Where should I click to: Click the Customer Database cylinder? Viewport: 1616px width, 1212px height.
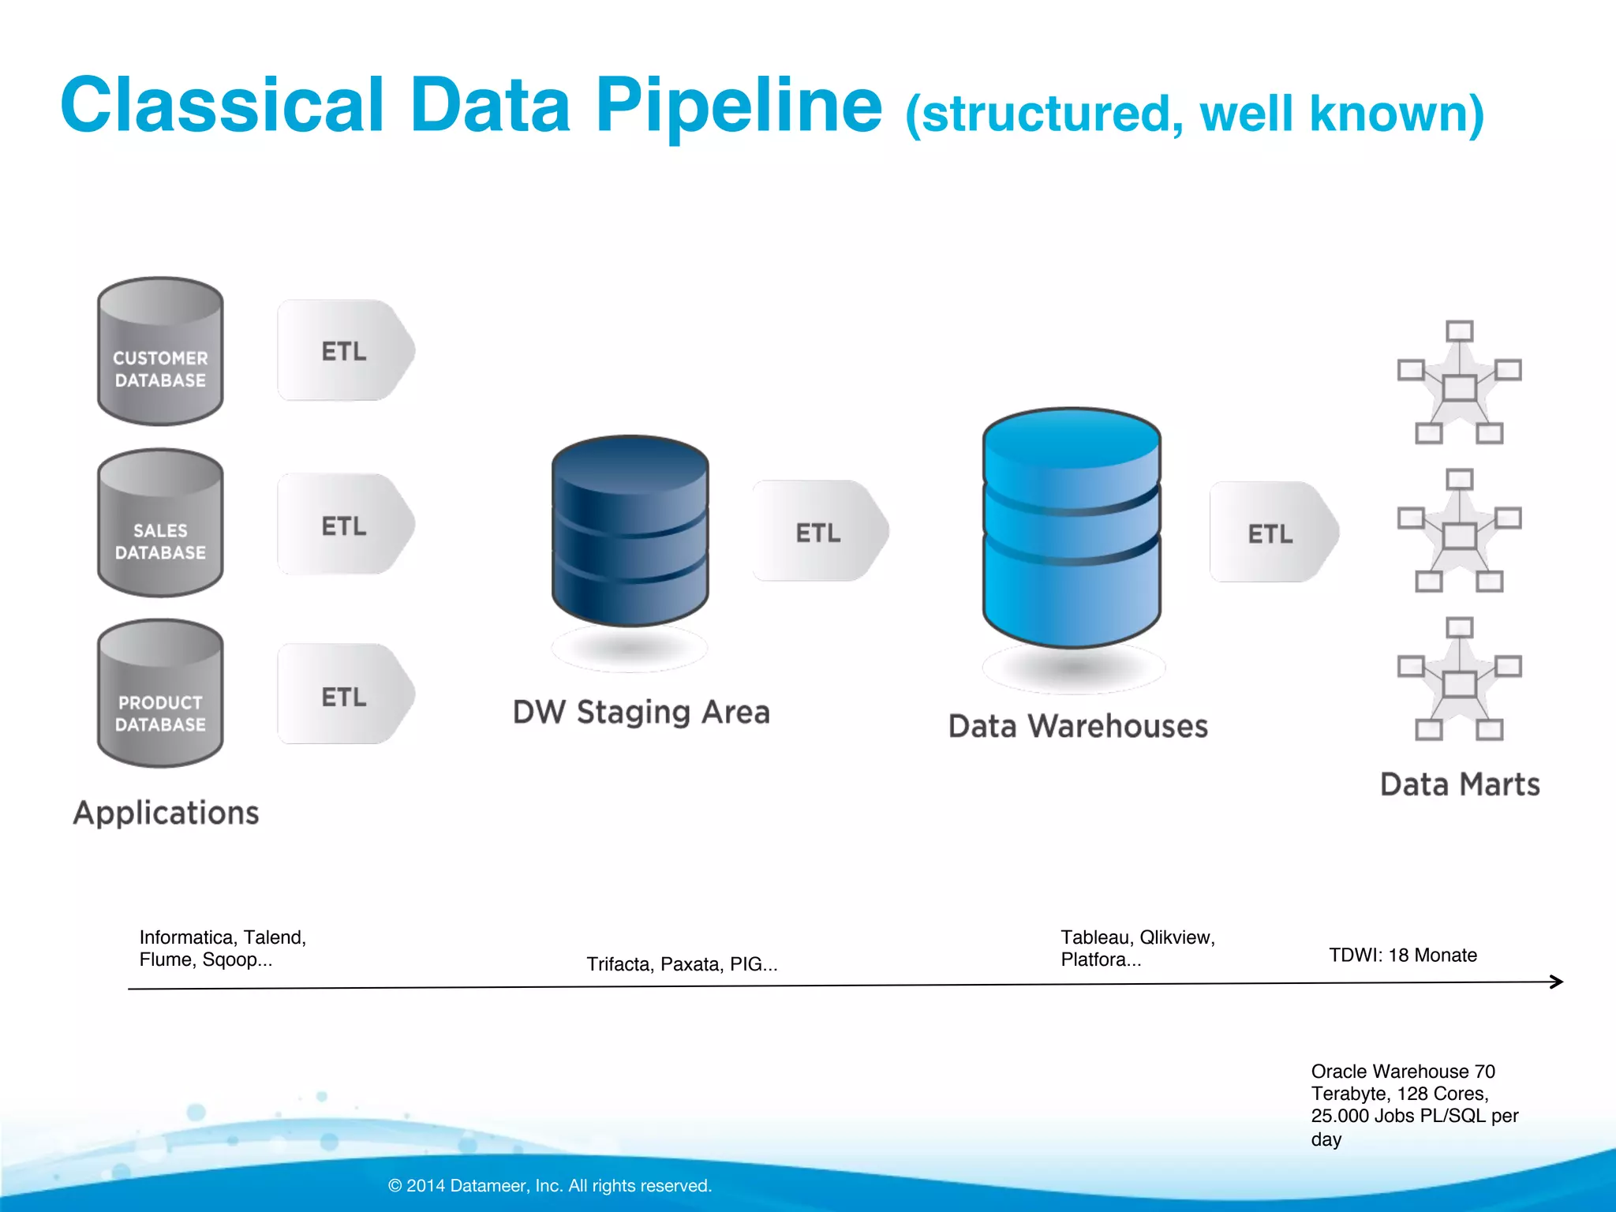160,352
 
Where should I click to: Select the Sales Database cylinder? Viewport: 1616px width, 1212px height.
160,524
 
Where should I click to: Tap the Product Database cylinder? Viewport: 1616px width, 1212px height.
160,694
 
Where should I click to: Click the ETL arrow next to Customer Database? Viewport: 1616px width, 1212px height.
346,350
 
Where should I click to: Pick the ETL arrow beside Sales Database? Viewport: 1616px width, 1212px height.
346,525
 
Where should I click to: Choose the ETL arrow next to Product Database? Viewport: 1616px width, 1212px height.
346,695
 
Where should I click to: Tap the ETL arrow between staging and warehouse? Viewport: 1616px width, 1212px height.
820,532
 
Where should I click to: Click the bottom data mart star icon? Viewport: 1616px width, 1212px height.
1459,680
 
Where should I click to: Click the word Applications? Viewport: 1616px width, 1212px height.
166,813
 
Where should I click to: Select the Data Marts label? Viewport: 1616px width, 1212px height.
1460,784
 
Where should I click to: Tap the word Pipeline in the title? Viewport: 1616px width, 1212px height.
739,105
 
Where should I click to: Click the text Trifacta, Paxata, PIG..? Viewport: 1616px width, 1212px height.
682,963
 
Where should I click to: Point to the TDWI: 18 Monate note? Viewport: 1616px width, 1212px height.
1402,955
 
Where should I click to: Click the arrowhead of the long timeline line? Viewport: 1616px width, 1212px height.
1557,982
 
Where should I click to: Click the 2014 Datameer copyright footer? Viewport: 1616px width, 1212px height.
550,1185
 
